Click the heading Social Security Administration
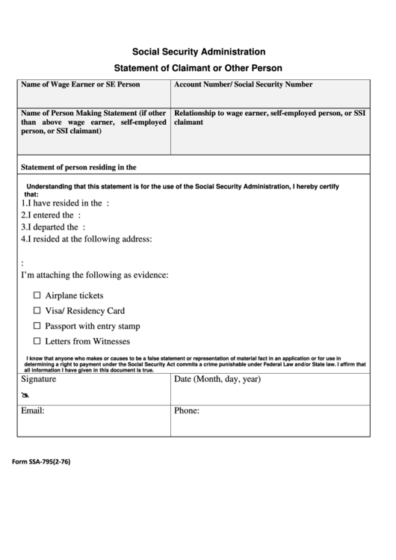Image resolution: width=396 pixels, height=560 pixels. (x=198, y=52)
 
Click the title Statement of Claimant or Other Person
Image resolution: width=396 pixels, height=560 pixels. (x=198, y=68)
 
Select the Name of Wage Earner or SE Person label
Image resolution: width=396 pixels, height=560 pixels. (x=80, y=85)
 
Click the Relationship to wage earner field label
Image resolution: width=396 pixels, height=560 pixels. (x=269, y=117)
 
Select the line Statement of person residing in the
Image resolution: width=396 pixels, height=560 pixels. (x=78, y=167)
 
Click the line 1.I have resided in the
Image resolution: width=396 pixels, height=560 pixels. (x=65, y=203)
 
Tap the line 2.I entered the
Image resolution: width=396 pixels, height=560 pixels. (x=51, y=215)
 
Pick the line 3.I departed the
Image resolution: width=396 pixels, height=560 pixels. (x=53, y=227)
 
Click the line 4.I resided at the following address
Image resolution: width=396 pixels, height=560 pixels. (x=87, y=239)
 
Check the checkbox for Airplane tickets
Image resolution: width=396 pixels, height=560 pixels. (x=37, y=295)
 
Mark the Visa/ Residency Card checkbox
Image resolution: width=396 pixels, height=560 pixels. (x=37, y=311)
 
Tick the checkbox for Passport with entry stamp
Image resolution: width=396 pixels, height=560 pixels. (x=37, y=327)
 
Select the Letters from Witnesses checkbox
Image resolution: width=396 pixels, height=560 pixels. (x=37, y=342)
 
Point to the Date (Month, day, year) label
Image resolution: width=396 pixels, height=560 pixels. (x=217, y=380)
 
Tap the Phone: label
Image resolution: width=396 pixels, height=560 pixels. (x=186, y=411)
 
